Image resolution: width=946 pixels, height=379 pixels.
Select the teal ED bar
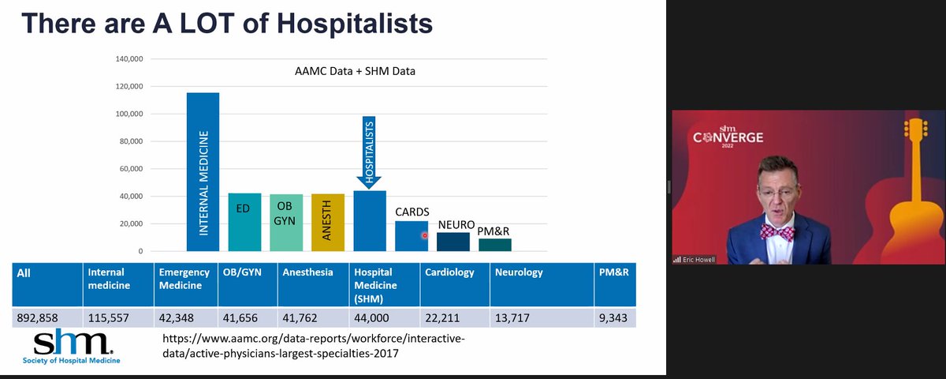(244, 222)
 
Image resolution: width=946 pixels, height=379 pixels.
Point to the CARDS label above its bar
(412, 212)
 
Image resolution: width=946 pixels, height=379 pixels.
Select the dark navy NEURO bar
(453, 242)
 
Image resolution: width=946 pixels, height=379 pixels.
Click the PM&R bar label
(494, 231)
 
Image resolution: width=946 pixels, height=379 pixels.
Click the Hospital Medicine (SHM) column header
(384, 284)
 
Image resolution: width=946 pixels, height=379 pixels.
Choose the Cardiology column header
(449, 272)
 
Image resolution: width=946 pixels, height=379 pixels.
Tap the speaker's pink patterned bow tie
(777, 231)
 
